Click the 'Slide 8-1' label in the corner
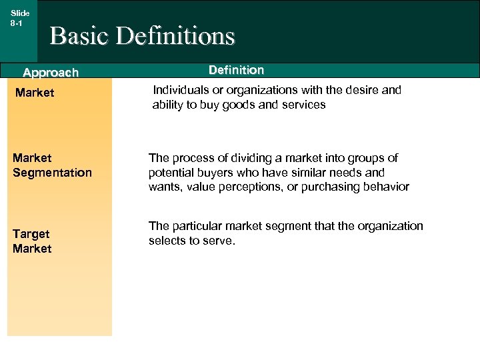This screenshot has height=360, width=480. (19, 17)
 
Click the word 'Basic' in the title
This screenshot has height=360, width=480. (79, 36)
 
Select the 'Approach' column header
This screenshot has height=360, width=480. (51, 72)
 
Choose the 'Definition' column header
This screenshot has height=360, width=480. (236, 70)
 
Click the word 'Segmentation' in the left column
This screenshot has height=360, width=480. (52, 173)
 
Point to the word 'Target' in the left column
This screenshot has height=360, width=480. (31, 234)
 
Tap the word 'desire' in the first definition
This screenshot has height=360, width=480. (361, 90)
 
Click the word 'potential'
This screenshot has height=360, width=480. (171, 173)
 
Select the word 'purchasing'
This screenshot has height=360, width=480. (324, 187)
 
